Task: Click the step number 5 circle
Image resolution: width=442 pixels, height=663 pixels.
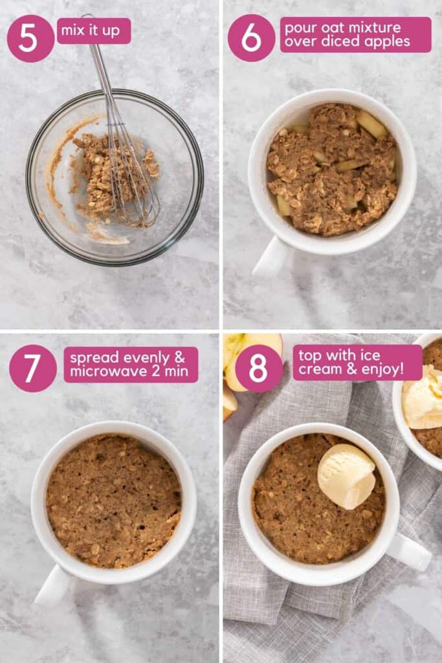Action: [x=30, y=38]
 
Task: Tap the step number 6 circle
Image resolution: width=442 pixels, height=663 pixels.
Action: [x=251, y=38]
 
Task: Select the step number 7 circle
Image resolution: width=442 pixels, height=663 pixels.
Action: [x=32, y=368]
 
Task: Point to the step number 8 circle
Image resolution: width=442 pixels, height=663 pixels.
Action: [x=258, y=368]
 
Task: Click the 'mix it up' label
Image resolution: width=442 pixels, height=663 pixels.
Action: [x=93, y=30]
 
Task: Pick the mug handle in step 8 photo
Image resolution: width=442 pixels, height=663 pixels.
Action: [x=409, y=552]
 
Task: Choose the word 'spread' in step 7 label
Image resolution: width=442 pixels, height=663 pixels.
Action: [x=92, y=357]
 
